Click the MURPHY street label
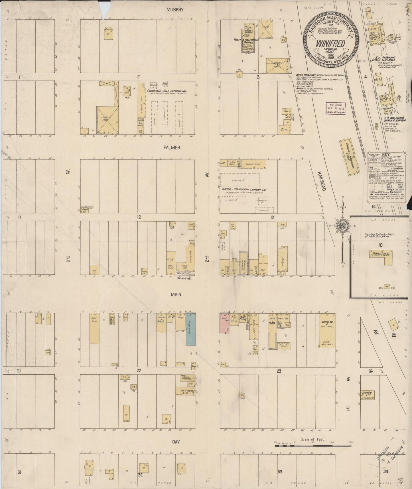175,9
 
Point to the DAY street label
176,450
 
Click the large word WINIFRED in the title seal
330,43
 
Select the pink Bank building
225,323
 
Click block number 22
139,371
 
